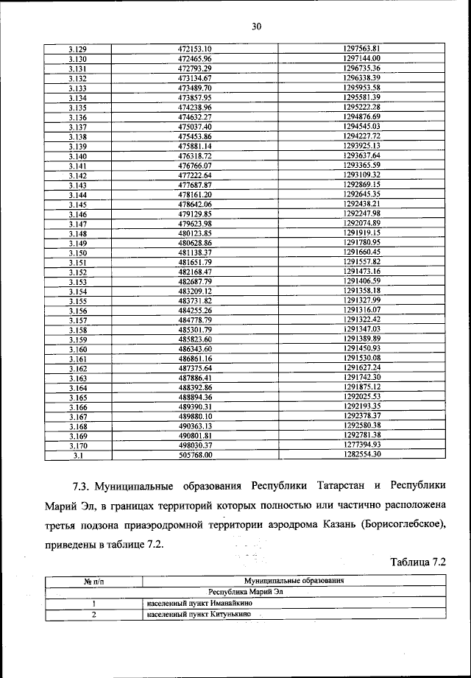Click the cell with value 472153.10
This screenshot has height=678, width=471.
(195, 49)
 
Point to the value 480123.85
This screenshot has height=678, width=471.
(195, 233)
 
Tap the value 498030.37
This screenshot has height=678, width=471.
(195, 445)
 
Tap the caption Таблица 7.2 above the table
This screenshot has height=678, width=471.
(419, 563)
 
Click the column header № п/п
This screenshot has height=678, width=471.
(92, 582)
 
